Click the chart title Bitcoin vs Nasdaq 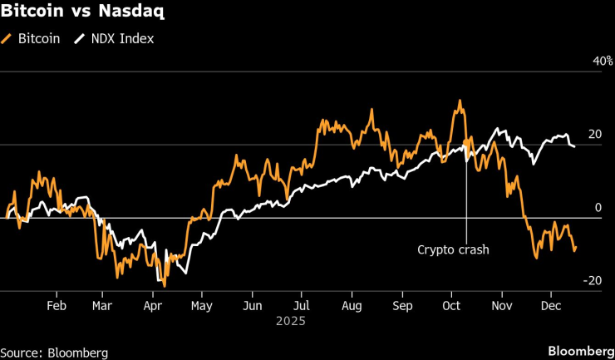[x=81, y=13]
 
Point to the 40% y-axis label [x=602, y=62]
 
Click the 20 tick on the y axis [x=594, y=135]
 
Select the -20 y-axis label [x=593, y=280]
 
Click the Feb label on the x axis [x=56, y=304]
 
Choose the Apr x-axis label [x=152, y=304]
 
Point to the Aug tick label [x=352, y=304]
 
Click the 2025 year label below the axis [x=292, y=321]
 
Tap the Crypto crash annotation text [x=453, y=249]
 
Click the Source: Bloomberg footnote [x=54, y=353]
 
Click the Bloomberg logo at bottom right [x=578, y=353]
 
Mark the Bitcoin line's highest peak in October [x=458, y=101]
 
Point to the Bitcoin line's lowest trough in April [x=165, y=286]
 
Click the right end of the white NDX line [x=575, y=147]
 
